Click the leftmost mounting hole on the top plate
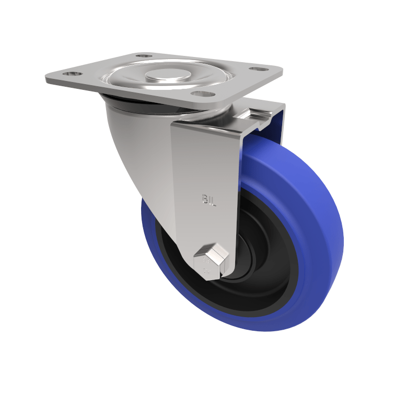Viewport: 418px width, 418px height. point(72,74)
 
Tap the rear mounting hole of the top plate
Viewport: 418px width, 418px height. point(144,55)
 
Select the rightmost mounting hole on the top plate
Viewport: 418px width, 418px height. point(256,69)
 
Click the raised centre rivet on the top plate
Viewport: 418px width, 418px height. point(167,76)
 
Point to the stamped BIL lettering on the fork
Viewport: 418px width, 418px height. point(209,199)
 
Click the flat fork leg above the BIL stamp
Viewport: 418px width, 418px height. point(206,157)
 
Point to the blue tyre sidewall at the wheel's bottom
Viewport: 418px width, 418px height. point(235,321)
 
